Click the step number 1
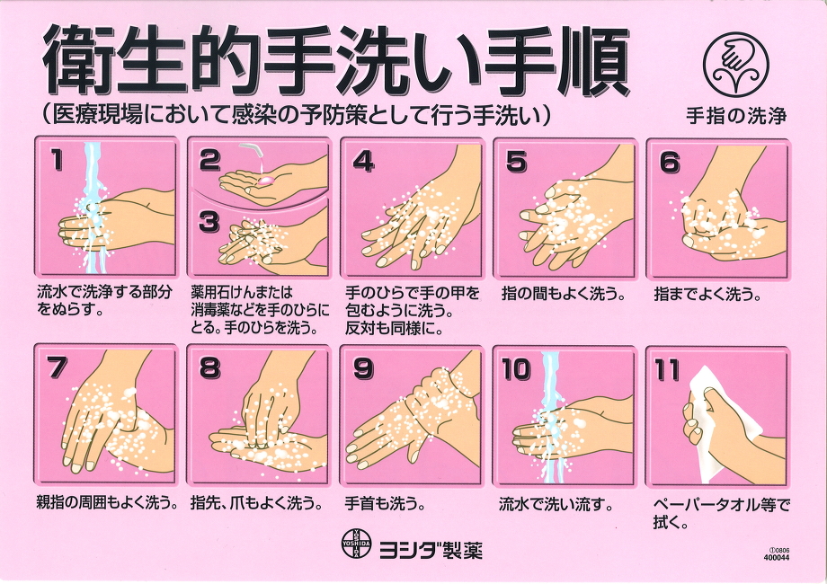click(x=57, y=160)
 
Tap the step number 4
click(x=363, y=161)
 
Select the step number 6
click(x=670, y=162)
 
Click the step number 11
click(x=667, y=369)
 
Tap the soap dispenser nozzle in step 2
click(x=253, y=151)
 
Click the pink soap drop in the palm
click(x=266, y=181)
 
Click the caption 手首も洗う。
click(x=385, y=504)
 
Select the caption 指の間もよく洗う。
click(x=564, y=294)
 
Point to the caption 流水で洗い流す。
click(x=556, y=505)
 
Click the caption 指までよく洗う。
click(x=707, y=294)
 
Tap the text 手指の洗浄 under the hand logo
click(x=736, y=115)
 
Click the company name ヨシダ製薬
click(x=431, y=550)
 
